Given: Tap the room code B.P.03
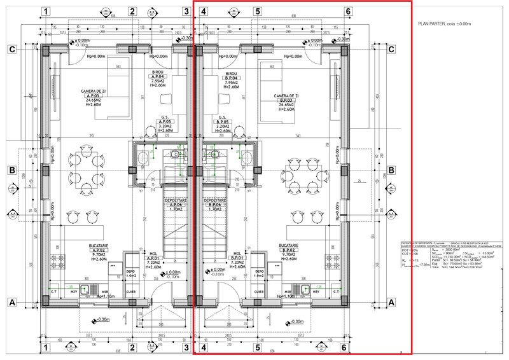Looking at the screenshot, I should coord(286,100).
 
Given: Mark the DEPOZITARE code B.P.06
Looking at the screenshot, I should coord(213,204).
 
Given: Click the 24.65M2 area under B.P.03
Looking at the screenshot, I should coord(286,105).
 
